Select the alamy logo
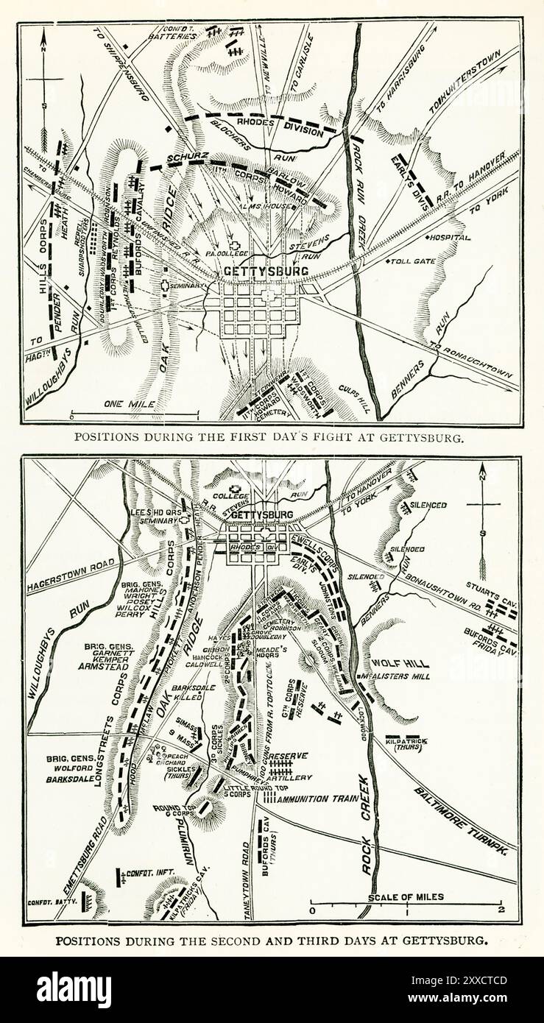point(74,990)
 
